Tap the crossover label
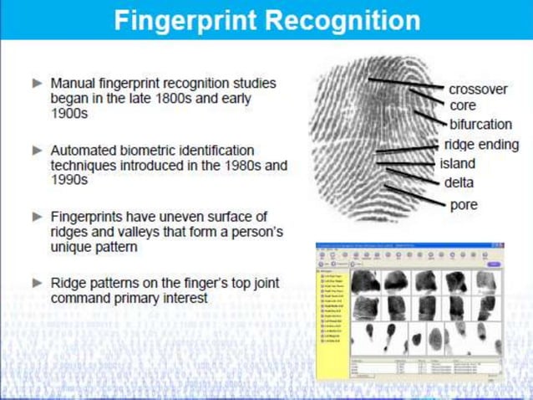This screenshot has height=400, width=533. pyautogui.click(x=478, y=89)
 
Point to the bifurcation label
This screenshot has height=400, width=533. pyautogui.click(x=480, y=125)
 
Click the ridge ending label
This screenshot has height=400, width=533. pyautogui.click(x=481, y=145)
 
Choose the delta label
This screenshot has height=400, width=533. pyautogui.click(x=459, y=182)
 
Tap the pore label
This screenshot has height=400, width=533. pyautogui.click(x=464, y=204)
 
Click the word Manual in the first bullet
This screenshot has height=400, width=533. pyautogui.click(x=72, y=84)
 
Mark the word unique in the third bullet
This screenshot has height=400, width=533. pyautogui.click(x=70, y=247)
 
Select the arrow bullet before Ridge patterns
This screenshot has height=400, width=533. pyautogui.click(x=37, y=283)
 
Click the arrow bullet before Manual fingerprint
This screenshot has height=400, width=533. pyautogui.click(x=37, y=84)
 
